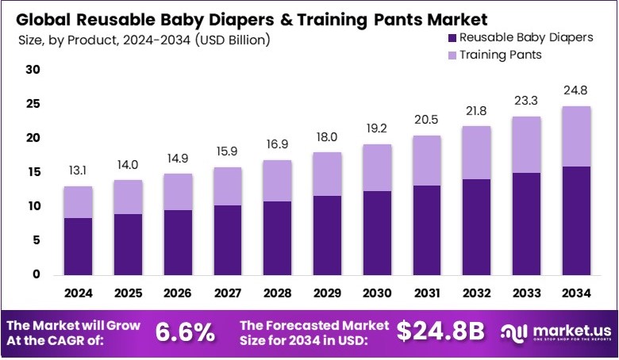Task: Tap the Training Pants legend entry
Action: pos(491,55)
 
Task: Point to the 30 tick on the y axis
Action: pos(33,70)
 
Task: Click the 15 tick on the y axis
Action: pos(33,172)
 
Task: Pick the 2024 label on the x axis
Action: pos(79,293)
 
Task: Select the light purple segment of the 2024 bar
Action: pos(79,202)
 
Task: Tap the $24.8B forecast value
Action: pos(440,331)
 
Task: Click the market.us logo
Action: pos(555,331)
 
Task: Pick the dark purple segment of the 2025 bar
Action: pos(128,244)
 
